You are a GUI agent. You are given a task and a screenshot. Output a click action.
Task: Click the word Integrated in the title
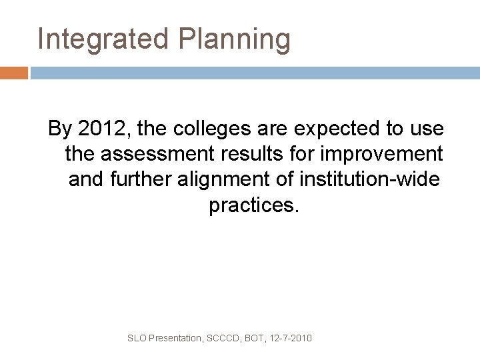point(103,39)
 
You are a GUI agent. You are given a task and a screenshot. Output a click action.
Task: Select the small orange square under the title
point(14,73)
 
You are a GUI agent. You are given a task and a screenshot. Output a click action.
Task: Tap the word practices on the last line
point(255,206)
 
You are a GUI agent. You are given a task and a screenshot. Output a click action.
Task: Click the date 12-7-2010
point(291,339)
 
